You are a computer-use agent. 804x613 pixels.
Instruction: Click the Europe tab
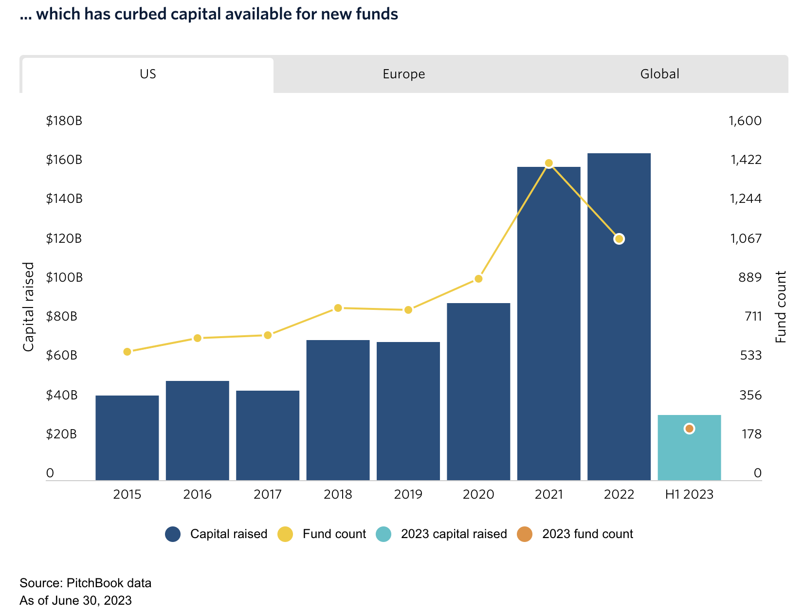tap(403, 74)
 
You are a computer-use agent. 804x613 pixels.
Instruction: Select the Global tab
tap(659, 74)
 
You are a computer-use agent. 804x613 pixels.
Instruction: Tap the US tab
tap(148, 74)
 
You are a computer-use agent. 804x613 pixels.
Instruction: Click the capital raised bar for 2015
tap(127, 438)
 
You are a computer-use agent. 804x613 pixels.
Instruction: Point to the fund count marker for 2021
tap(548, 163)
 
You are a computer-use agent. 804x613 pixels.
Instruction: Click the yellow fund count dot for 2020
tap(478, 279)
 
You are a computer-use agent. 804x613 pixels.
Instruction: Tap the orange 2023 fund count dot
tap(689, 429)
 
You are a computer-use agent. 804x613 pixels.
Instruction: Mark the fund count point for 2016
tap(197, 338)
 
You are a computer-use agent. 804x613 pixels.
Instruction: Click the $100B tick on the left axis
tap(64, 277)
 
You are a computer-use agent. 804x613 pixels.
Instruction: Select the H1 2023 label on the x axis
tap(689, 495)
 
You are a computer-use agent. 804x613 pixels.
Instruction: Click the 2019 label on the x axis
tap(408, 495)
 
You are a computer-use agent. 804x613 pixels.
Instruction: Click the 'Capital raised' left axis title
tap(29, 306)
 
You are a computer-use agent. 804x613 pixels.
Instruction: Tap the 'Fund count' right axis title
tap(781, 306)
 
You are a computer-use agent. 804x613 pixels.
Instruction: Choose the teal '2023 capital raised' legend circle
tap(384, 534)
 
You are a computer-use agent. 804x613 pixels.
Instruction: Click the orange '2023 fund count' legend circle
tap(525, 534)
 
